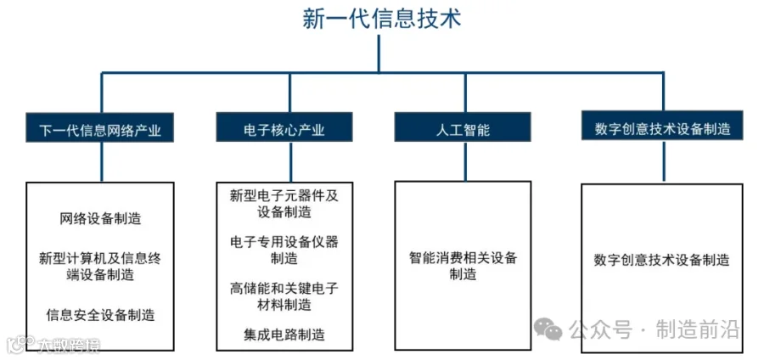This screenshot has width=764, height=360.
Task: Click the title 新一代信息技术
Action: tap(381, 18)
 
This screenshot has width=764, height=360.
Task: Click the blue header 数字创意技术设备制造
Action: tap(662, 128)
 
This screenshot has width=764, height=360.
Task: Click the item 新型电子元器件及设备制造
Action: tap(284, 204)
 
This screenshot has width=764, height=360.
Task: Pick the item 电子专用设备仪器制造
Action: tap(284, 250)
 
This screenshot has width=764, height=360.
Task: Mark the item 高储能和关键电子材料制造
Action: tap(284, 296)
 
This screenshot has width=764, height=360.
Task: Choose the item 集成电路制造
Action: tap(284, 335)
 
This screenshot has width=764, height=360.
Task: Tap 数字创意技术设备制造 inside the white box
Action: tap(662, 260)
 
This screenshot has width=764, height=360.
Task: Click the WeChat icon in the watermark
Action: tap(548, 329)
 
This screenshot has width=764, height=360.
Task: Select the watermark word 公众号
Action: tap(598, 329)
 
